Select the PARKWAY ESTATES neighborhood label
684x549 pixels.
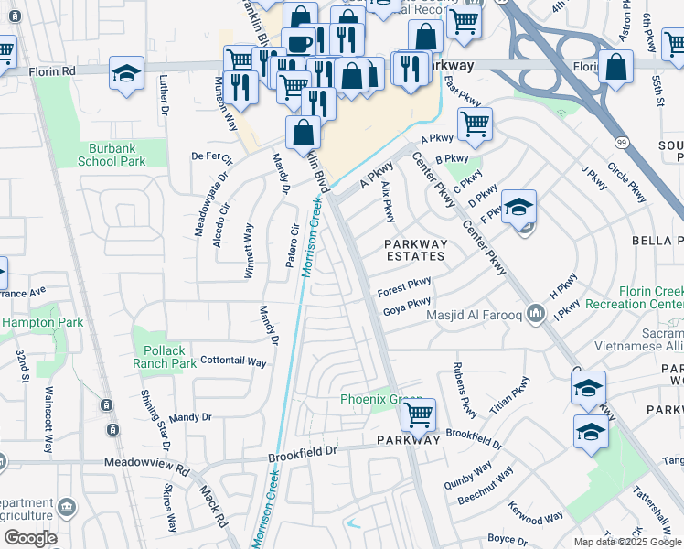coord(415,250)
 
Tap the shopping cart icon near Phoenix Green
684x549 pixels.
coord(418,415)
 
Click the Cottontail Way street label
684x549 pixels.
coord(233,361)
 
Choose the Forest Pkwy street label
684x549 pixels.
coord(404,287)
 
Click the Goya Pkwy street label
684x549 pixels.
coord(407,306)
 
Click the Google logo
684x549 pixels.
coord(30,537)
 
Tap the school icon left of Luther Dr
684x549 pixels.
coord(126,72)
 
